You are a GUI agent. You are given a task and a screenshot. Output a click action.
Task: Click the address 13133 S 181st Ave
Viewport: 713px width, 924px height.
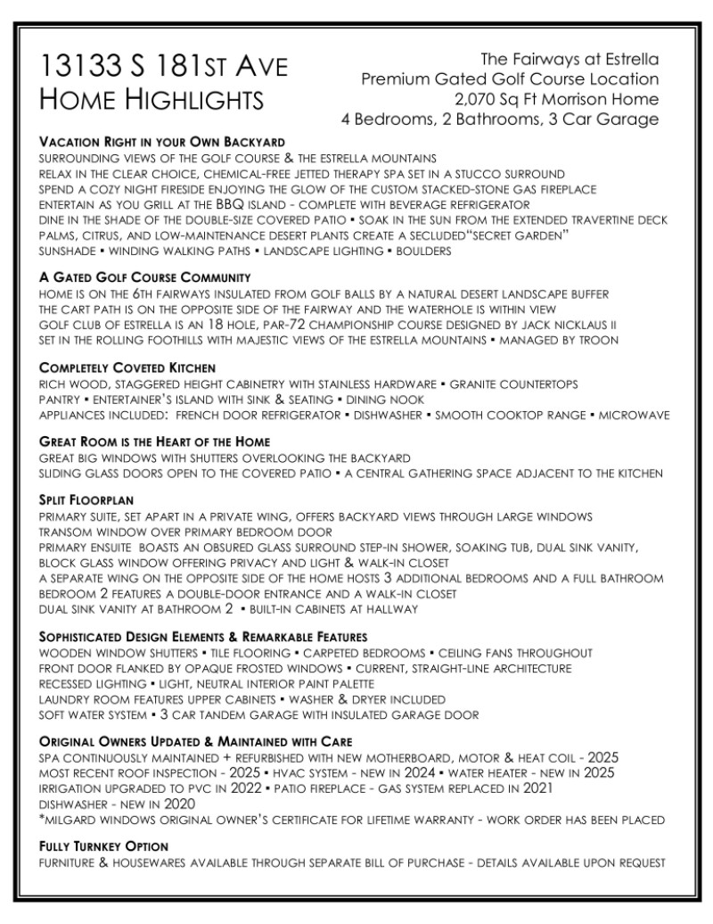(165, 68)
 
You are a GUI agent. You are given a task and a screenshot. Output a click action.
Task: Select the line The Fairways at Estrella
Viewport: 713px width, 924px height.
(570, 60)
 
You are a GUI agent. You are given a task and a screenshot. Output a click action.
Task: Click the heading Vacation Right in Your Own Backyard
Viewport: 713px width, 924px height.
(162, 142)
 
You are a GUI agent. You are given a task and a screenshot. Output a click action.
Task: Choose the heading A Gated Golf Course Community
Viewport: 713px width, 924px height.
(144, 277)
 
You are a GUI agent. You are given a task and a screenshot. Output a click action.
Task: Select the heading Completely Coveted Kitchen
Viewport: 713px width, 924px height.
(127, 367)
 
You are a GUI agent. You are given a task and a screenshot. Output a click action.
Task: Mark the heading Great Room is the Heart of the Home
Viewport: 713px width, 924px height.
(154, 442)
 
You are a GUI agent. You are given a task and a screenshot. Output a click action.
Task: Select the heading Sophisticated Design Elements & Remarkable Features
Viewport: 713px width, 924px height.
(203, 637)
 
